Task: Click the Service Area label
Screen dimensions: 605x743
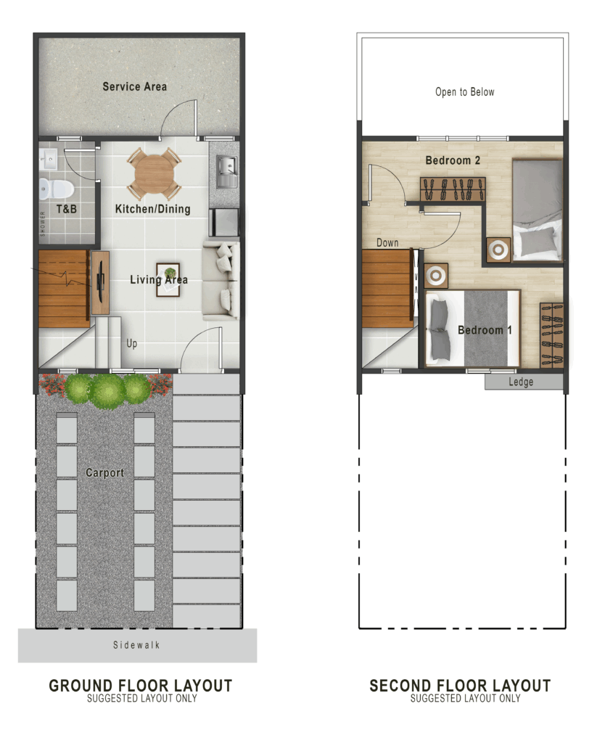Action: [134, 87]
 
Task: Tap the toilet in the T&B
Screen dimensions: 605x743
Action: [56, 189]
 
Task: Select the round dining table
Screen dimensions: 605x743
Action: [154, 174]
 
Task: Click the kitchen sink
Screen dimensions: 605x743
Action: [227, 171]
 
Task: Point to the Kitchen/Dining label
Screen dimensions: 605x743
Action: [152, 209]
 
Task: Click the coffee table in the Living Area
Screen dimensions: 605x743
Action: [168, 279]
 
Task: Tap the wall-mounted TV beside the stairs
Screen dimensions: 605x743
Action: [100, 282]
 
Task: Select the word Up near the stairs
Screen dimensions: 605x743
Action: [132, 343]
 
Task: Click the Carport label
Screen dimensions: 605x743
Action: [104, 472]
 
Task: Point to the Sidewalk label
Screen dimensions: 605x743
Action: [136, 645]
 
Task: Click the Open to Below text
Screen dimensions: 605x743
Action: [465, 92]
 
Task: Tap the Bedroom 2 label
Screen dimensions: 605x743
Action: [453, 160]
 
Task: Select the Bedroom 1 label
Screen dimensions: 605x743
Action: [485, 330]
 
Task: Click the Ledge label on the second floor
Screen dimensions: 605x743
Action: [521, 382]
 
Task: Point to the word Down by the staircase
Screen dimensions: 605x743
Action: [387, 242]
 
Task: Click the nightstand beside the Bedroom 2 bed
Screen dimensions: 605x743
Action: [498, 250]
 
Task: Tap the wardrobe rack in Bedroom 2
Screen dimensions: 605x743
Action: [453, 189]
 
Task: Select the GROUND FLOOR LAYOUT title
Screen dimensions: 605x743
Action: [141, 686]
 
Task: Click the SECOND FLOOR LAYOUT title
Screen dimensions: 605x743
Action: [460, 686]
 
